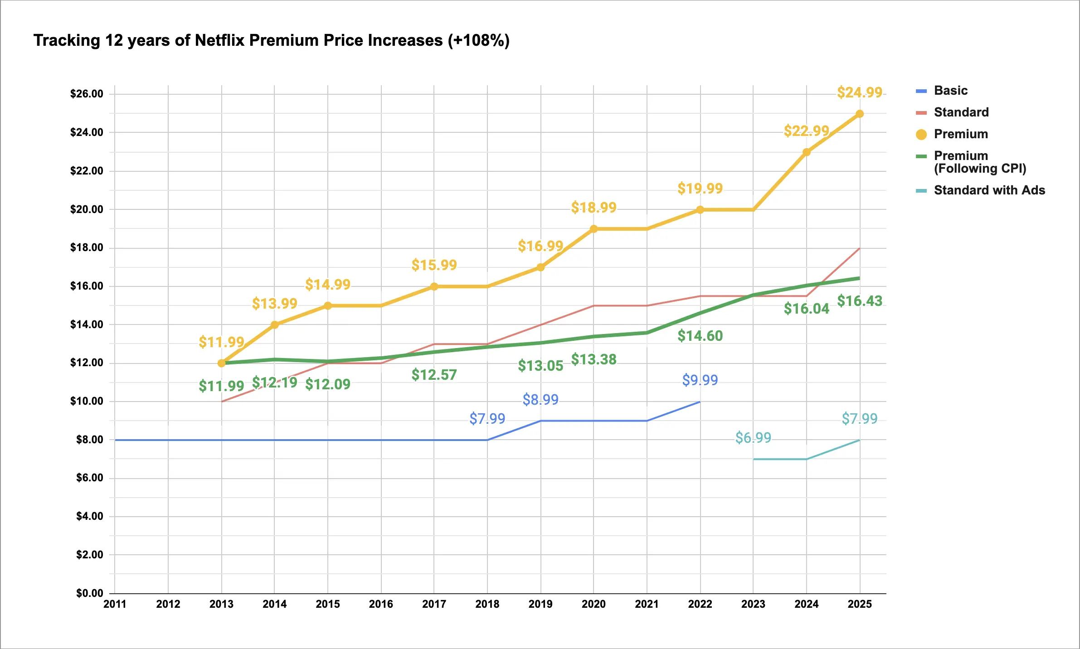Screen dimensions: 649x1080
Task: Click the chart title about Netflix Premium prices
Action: (x=271, y=40)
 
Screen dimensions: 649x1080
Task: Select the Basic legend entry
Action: (x=950, y=91)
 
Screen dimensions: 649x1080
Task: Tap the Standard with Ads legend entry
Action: (x=989, y=190)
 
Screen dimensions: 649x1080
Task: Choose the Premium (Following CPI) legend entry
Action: (x=979, y=162)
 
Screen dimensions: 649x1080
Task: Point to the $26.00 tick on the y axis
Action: (x=87, y=94)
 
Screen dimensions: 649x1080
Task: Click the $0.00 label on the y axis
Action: (x=90, y=593)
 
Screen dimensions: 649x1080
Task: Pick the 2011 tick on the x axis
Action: (x=115, y=604)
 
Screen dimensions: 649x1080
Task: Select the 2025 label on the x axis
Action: (x=860, y=604)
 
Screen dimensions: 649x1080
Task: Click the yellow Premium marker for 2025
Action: (x=860, y=114)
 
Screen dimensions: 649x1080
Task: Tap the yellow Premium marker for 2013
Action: (x=222, y=363)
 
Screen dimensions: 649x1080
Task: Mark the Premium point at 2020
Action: (x=594, y=229)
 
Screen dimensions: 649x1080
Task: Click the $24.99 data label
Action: (x=860, y=92)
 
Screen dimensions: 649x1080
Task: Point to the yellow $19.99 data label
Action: (x=700, y=189)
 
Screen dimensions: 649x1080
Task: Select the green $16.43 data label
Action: (x=860, y=301)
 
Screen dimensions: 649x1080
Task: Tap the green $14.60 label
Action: (x=700, y=336)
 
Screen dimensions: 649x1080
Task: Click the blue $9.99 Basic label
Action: (x=700, y=380)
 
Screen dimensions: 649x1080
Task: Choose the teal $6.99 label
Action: (x=753, y=438)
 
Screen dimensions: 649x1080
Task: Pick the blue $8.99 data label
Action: (x=540, y=400)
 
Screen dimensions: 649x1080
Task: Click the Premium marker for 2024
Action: (x=807, y=152)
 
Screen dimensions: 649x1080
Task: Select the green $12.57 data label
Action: (x=434, y=375)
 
